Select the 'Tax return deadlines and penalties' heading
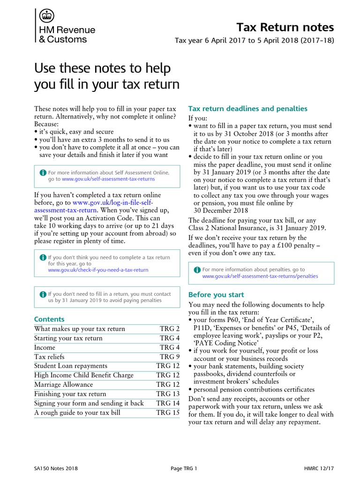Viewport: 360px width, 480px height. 247,109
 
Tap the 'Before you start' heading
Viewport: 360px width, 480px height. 216,295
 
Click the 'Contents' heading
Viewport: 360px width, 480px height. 49,319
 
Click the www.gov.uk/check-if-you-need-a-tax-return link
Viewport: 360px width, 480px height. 98,270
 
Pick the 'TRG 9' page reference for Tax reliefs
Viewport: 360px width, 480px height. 169,357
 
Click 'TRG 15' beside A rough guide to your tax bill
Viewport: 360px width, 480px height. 168,412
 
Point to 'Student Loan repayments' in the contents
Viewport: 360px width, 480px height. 71,366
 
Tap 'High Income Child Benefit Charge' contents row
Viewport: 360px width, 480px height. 84,375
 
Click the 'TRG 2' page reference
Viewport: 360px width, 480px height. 169,329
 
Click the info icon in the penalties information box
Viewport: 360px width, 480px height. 197,270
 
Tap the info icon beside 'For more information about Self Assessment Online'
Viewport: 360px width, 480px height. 43,172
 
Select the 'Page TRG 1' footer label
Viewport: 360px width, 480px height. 183,468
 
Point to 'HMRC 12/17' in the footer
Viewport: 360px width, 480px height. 319,468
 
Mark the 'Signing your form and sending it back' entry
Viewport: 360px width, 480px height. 89,403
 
